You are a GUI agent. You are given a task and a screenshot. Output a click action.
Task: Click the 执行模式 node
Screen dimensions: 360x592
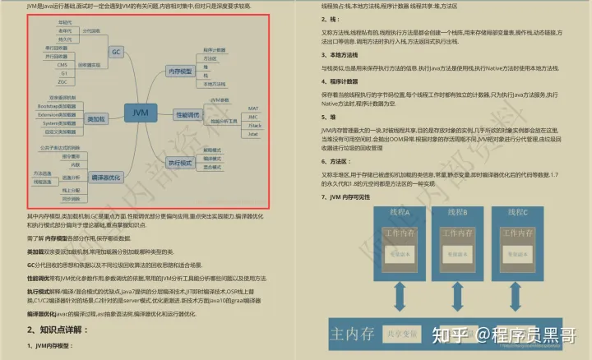click(x=182, y=162)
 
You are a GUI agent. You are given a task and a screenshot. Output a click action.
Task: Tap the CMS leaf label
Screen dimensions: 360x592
click(x=62, y=63)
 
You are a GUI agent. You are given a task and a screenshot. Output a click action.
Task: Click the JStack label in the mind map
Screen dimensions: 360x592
click(x=254, y=124)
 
